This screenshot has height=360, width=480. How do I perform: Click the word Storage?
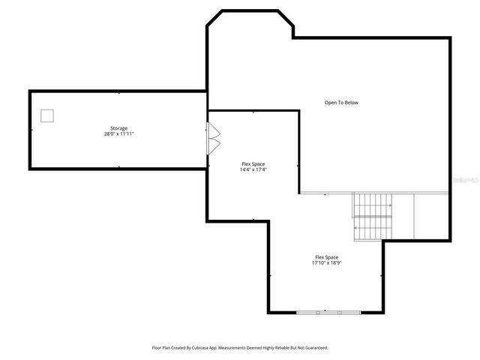[118, 128]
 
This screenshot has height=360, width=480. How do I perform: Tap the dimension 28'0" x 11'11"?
[118, 133]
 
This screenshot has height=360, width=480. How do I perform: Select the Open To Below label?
[340, 103]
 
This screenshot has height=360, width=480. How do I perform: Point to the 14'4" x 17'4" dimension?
[253, 169]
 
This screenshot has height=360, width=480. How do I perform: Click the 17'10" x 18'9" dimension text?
[326, 263]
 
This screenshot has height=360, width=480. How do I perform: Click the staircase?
[373, 216]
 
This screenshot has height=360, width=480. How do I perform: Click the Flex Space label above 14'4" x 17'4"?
[253, 164]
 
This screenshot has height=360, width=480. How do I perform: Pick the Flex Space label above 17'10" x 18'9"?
[326, 257]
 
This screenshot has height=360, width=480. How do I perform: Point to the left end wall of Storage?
[30, 130]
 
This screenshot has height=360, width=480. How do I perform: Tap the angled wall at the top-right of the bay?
[285, 22]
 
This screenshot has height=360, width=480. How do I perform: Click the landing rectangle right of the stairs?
[431, 216]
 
